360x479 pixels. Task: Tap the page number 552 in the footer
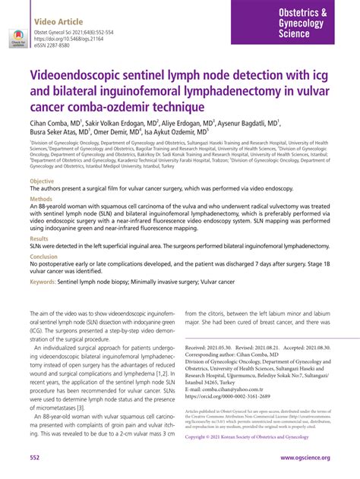coord(34,459)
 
